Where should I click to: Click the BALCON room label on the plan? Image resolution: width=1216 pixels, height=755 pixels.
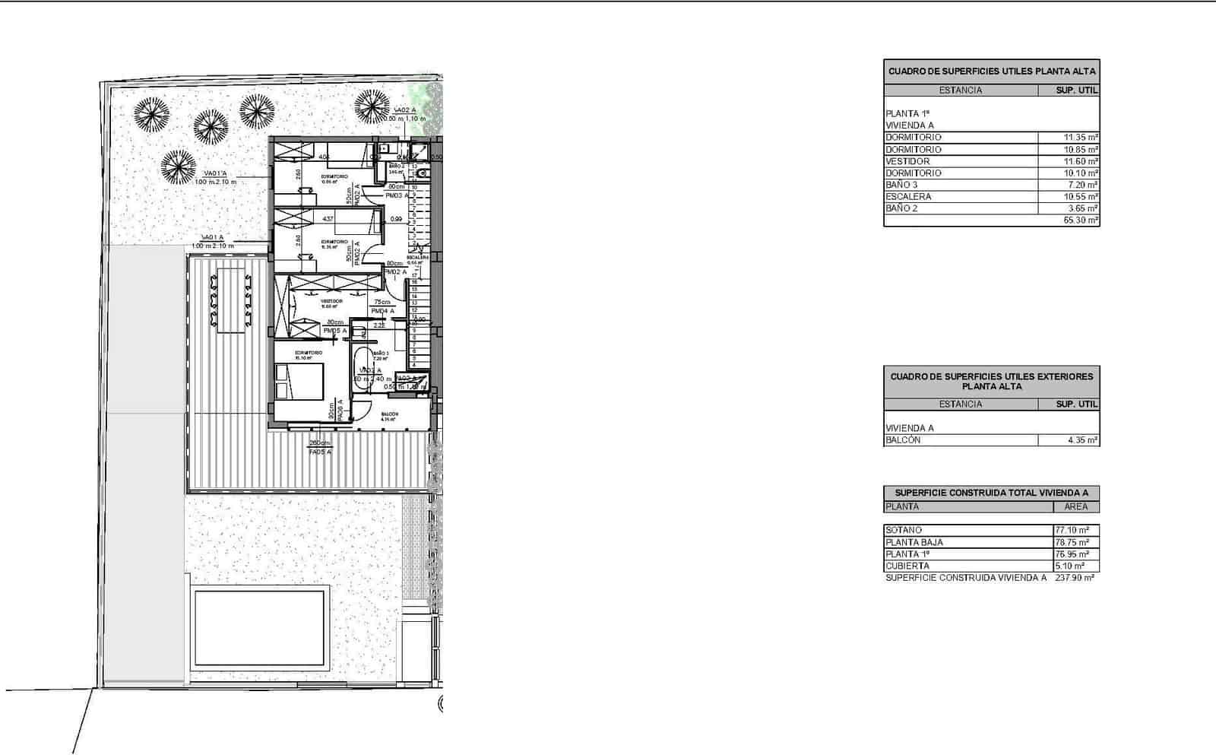(x=389, y=415)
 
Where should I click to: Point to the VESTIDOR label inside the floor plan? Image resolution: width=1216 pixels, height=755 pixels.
(x=331, y=301)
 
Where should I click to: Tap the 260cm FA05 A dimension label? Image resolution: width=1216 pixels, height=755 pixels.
(x=320, y=447)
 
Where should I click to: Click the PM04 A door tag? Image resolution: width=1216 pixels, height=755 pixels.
(x=382, y=311)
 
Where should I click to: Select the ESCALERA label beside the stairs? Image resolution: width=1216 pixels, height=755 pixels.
(x=418, y=258)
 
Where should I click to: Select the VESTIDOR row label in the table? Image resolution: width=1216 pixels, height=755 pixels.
(x=907, y=161)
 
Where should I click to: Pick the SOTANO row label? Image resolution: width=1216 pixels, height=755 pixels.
(x=904, y=530)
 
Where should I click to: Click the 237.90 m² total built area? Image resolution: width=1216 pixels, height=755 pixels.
(x=1074, y=578)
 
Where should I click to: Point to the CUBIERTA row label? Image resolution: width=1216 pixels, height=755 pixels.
(x=907, y=566)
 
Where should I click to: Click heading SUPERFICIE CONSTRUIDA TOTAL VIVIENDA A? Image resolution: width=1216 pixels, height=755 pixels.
(x=991, y=493)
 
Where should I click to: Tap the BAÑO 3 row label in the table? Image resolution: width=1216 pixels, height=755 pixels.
(x=902, y=185)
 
